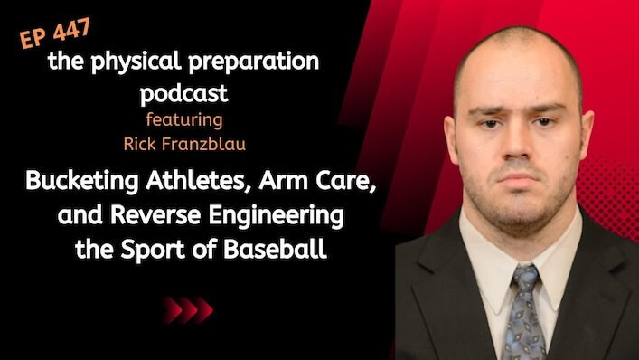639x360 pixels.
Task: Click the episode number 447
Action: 71,30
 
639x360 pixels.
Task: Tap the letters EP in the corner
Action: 33,39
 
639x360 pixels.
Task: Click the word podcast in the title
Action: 183,93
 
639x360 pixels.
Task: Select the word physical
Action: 136,62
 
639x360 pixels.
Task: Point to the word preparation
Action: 253,62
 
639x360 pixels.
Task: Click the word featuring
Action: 184,120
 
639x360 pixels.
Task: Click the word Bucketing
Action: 82,180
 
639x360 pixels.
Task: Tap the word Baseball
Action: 275,249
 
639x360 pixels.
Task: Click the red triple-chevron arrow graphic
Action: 188,310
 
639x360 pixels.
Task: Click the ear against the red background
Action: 586,135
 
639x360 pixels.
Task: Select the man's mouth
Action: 518,177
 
